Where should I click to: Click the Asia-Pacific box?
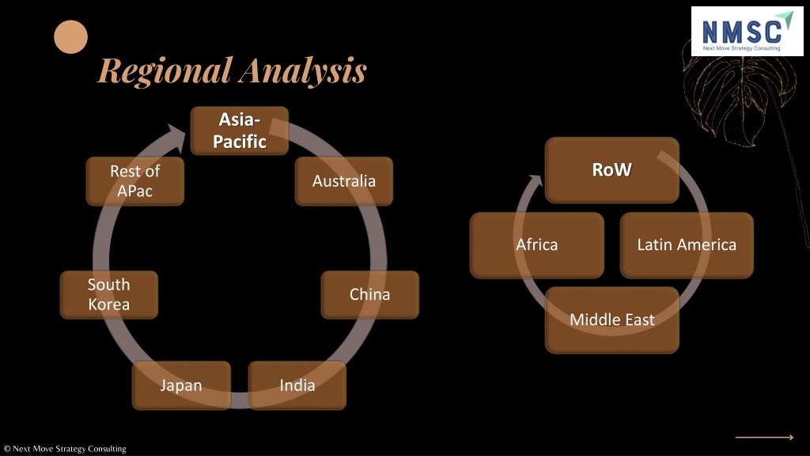[x=240, y=131]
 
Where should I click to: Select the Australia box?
[x=344, y=181]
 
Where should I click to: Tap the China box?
[x=370, y=294]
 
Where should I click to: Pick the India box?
[x=297, y=386]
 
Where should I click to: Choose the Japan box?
[x=181, y=386]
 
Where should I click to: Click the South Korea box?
[x=109, y=294]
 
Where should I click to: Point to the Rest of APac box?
[x=134, y=181]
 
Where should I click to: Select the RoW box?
[x=612, y=170]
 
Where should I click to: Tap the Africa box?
[x=537, y=245]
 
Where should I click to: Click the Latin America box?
[x=687, y=245]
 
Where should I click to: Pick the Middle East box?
[x=612, y=320]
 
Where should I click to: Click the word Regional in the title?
[x=165, y=70]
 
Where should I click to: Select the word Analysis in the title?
[x=303, y=70]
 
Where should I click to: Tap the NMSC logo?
[x=747, y=32]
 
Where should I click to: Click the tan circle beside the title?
[x=70, y=36]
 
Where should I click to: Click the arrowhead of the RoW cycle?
[x=536, y=180]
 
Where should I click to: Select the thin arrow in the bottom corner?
[x=765, y=437]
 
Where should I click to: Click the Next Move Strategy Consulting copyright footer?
[x=65, y=449]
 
